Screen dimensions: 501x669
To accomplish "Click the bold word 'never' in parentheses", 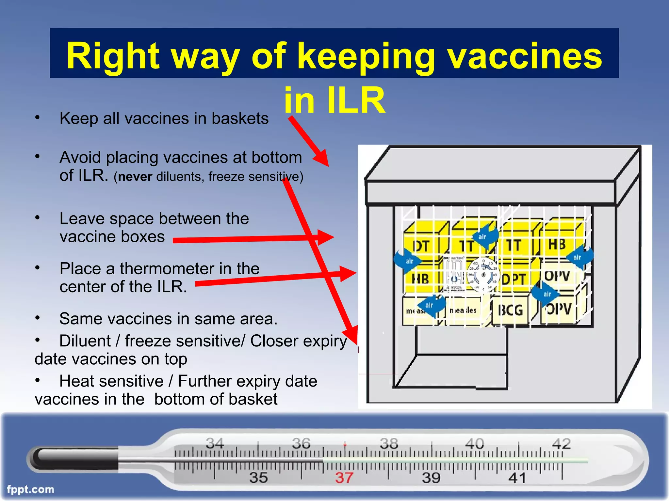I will click(x=135, y=177).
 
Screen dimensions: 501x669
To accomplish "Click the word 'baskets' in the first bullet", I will click(x=240, y=118).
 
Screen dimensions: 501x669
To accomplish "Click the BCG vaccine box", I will click(x=510, y=310).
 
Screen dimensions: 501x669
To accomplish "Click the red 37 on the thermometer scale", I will click(x=344, y=478).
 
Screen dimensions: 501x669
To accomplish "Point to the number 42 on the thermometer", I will click(x=561, y=444).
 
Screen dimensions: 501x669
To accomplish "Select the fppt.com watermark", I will click(x=30, y=489).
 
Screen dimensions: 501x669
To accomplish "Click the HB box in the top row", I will click(x=557, y=244).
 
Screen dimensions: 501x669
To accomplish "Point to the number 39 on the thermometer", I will click(x=431, y=478).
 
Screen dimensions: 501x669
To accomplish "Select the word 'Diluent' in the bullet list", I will click(x=85, y=341).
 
